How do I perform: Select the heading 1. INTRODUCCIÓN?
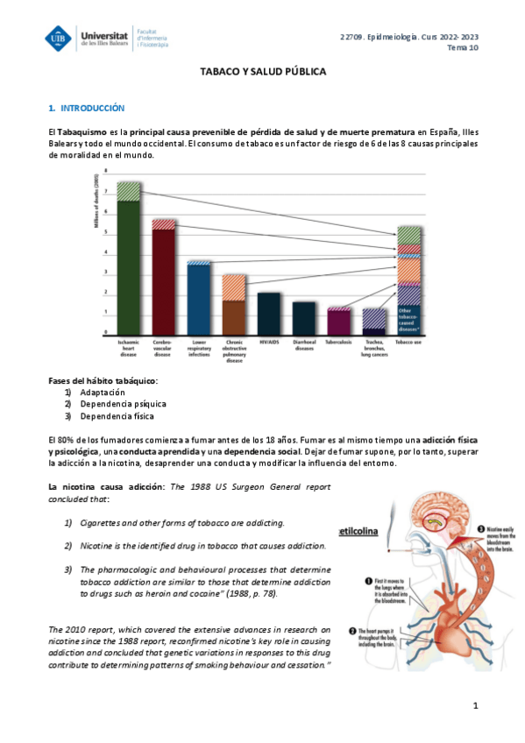[x=87, y=108]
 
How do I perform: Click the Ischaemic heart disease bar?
[x=130, y=263]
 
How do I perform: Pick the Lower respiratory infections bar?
[x=199, y=298]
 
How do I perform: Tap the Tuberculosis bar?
[x=338, y=321]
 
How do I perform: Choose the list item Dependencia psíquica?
[x=123, y=404]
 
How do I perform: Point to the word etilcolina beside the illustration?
[x=361, y=528]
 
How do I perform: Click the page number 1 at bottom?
[x=474, y=705]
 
